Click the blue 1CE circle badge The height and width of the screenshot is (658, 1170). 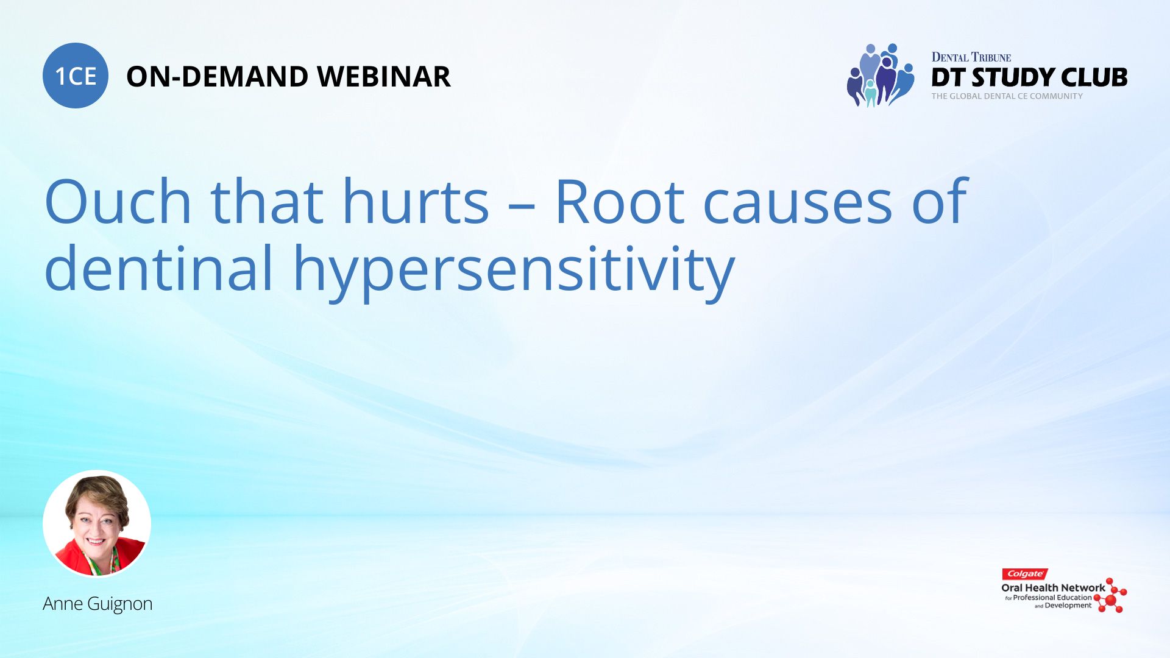[x=76, y=76]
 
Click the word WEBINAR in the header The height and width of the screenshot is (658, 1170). [x=384, y=77]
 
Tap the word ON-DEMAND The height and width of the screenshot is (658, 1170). [x=217, y=77]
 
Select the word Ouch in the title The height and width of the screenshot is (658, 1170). [x=118, y=201]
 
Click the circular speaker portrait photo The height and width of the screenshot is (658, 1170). [x=97, y=523]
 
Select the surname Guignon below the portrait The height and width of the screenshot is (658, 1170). [x=119, y=604]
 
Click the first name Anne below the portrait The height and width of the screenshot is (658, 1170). [x=63, y=604]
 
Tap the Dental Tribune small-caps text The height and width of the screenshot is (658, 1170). [x=971, y=57]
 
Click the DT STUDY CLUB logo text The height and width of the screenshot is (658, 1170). [x=1029, y=77]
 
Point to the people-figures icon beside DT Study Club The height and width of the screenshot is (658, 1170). [x=881, y=75]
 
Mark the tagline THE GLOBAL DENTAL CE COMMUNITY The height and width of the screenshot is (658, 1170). [x=1007, y=96]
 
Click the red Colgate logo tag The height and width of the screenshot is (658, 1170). [x=1025, y=574]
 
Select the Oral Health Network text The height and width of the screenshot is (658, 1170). [x=1053, y=588]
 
